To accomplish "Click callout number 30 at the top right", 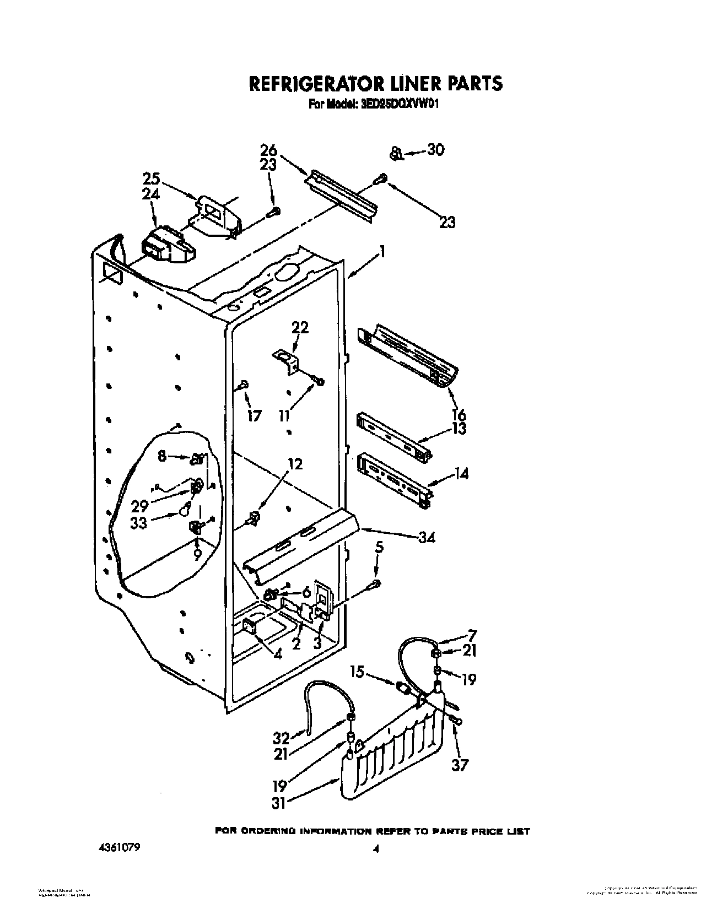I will click(x=435, y=150).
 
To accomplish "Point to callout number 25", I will click(x=152, y=178).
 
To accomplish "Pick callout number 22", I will click(x=300, y=327).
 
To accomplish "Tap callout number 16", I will click(x=459, y=414).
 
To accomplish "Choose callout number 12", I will click(x=295, y=464).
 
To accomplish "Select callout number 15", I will click(x=358, y=672).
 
